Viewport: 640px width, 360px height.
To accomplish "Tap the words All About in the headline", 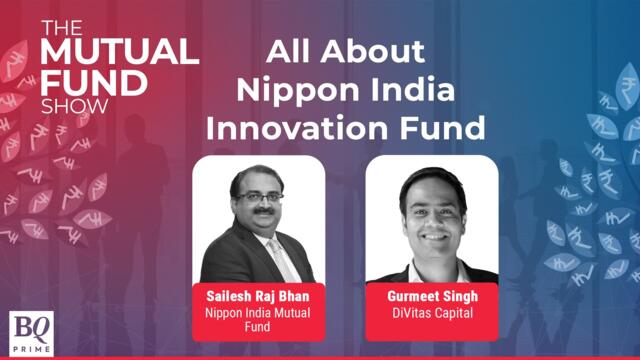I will (x=346, y=53).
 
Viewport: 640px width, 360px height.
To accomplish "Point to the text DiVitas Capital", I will (x=431, y=313).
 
